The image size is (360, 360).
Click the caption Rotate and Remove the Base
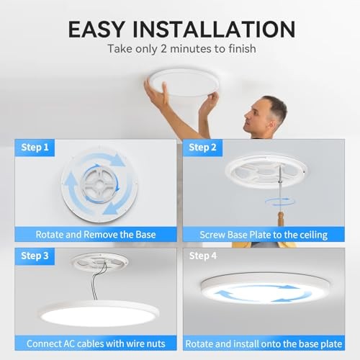95,234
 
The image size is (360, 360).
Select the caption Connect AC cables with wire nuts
95,343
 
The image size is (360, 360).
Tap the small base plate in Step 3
100,261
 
